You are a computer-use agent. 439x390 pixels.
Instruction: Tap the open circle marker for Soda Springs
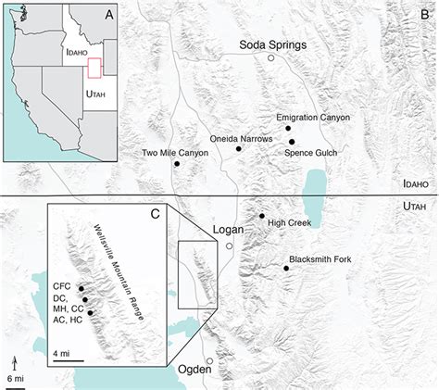coord(271,58)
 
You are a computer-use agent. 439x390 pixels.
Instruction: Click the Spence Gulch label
coord(310,152)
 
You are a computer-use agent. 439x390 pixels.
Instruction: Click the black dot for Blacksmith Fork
coord(286,268)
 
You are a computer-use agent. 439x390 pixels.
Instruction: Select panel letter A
coord(108,16)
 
